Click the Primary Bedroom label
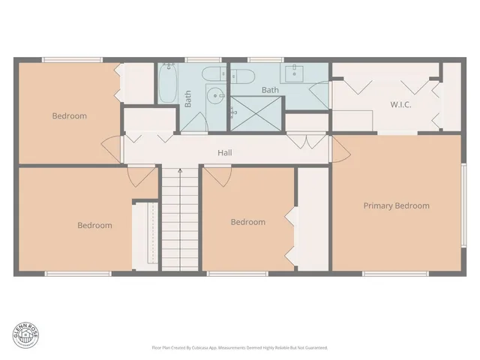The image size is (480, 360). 396,205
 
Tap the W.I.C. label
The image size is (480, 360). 400,104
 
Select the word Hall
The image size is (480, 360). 224,153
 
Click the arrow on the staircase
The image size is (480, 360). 179,172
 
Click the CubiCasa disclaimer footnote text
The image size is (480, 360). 239,348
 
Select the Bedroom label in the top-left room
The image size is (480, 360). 69,116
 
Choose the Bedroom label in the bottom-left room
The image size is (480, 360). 94,225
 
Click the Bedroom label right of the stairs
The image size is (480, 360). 247,222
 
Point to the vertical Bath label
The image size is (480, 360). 188,99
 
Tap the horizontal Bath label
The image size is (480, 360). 270,90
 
